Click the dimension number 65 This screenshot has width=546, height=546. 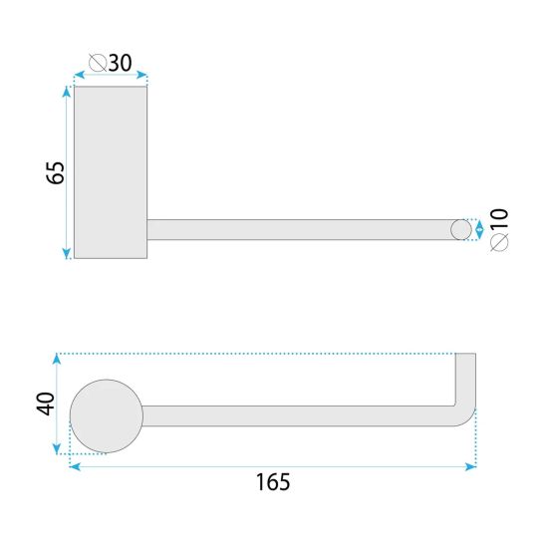(56, 172)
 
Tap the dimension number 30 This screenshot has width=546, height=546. (121, 63)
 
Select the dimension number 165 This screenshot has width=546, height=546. (273, 482)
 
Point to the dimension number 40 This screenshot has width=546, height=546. (46, 404)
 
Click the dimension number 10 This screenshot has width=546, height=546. (499, 218)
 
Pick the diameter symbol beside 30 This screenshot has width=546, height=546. (98, 63)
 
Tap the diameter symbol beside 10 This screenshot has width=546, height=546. (499, 242)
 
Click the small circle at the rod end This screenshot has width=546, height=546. (461, 230)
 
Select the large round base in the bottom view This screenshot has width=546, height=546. (107, 416)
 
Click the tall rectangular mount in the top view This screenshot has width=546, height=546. (111, 172)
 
